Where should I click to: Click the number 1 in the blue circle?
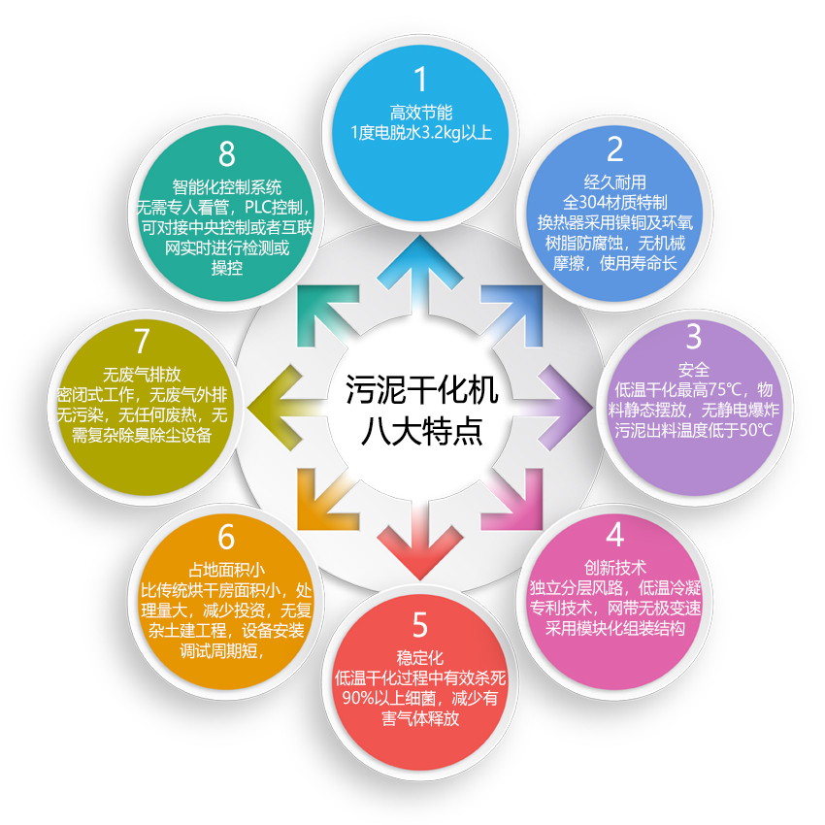(x=420, y=79)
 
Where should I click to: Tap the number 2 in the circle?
(x=614, y=149)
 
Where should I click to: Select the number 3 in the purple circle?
(x=694, y=337)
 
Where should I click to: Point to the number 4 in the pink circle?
(x=615, y=535)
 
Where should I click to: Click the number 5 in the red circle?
(x=420, y=625)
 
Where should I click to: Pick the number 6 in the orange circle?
(x=226, y=537)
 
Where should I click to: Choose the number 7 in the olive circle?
(x=142, y=342)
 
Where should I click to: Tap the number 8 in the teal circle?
(x=227, y=154)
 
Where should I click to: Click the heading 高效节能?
(x=421, y=113)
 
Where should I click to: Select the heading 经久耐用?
(x=615, y=182)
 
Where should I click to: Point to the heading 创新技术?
(x=615, y=568)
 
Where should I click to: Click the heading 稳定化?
(x=420, y=658)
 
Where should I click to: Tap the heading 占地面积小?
(x=227, y=571)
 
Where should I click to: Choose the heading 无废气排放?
(x=142, y=375)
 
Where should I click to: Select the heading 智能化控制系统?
(x=227, y=187)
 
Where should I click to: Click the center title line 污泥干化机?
(x=421, y=390)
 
